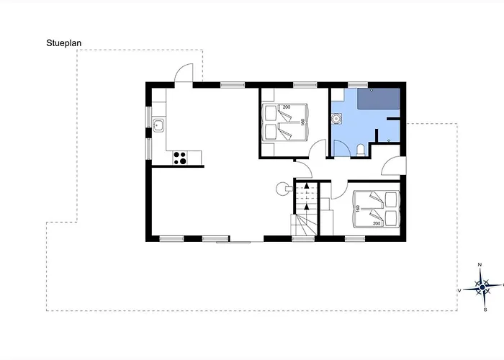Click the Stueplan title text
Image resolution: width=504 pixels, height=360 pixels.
click(63, 43)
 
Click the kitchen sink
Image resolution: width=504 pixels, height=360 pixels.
click(158, 125)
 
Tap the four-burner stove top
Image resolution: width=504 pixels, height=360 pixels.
click(180, 158)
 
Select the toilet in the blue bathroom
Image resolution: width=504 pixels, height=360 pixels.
click(361, 150)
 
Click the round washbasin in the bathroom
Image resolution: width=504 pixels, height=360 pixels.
click(336, 118)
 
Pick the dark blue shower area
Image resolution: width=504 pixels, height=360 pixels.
click(379, 99)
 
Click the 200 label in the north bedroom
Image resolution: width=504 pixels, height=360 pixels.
click(286, 107)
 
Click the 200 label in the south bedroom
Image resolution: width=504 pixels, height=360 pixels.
click(377, 223)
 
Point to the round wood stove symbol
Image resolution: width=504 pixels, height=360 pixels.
click(282, 189)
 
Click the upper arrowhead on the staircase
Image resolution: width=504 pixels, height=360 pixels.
click(307, 186)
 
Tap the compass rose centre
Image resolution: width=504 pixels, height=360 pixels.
click(482, 287)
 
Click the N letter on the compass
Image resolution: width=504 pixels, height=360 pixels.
click(480, 265)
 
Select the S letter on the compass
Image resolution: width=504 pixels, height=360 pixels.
click(485, 310)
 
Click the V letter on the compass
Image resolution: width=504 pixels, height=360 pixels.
click(459, 291)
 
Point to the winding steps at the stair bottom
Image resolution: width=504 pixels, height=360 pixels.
click(303, 225)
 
